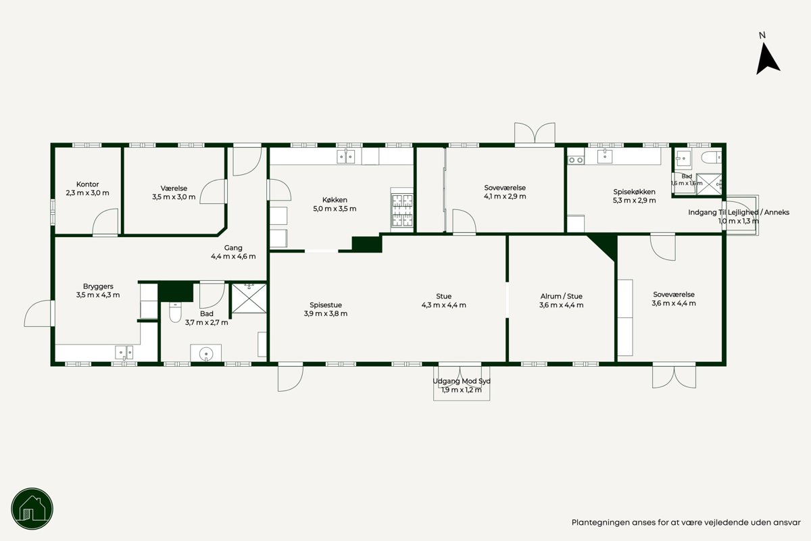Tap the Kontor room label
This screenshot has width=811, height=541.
[88, 184]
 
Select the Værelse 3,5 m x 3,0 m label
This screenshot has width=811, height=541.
[174, 192]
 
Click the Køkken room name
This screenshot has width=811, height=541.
[335, 200]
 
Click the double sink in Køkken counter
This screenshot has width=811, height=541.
[346, 157]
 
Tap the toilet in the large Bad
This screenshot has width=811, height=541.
[175, 312]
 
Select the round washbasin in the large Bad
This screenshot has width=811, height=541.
[206, 353]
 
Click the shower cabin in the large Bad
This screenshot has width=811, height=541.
[249, 299]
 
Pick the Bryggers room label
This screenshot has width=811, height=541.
[98, 286]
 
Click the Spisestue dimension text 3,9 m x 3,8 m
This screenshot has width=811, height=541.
[326, 313]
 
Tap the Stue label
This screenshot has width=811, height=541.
[443, 296]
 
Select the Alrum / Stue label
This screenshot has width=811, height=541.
[561, 296]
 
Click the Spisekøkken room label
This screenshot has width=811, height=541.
[634, 192]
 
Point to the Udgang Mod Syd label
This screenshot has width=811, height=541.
[462, 381]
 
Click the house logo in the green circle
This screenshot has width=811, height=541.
[32, 509]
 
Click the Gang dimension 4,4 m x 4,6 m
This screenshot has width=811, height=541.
[233, 256]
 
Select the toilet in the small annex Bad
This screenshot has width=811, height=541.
[711, 157]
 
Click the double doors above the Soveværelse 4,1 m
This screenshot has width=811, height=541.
[535, 134]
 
